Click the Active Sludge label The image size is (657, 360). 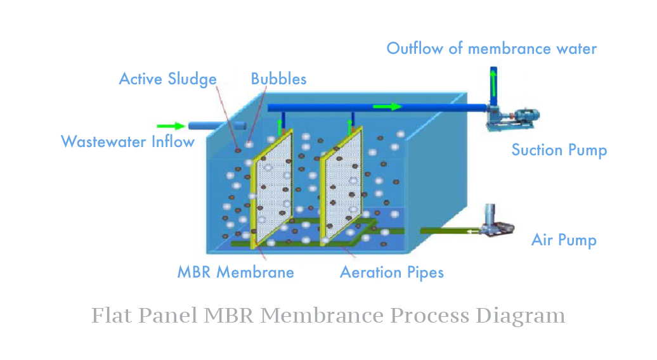click(167, 79)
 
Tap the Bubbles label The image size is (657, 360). click(278, 79)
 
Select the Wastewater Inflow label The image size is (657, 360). click(127, 141)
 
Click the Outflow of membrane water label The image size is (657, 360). click(491, 49)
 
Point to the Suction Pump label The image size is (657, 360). click(559, 150)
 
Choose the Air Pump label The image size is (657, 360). click(564, 240)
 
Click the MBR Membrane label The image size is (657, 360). click(235, 273)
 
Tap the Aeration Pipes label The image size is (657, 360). click(391, 273)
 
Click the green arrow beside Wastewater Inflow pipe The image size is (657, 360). click(169, 126)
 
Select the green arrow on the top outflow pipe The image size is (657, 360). click(387, 106)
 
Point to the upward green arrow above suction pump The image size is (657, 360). click(493, 80)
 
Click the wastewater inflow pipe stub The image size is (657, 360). click(216, 125)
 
